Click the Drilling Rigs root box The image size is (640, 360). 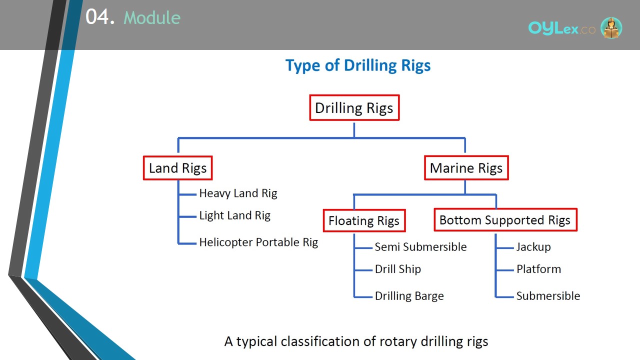click(x=354, y=107)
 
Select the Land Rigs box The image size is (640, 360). click(x=177, y=168)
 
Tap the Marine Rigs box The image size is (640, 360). click(x=466, y=167)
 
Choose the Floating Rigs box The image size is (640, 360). click(x=364, y=220)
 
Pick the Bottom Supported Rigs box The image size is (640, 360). click(x=505, y=219)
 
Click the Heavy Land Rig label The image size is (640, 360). click(x=238, y=193)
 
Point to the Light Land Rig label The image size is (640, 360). click(x=235, y=215)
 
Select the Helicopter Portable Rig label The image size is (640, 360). click(x=258, y=242)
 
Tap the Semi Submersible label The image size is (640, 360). click(x=420, y=247)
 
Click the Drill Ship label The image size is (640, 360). click(x=398, y=269)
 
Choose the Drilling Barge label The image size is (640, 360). click(x=409, y=296)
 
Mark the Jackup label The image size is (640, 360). click(x=533, y=247)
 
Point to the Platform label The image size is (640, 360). click(x=539, y=269)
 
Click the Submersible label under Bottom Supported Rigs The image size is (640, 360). click(x=548, y=296)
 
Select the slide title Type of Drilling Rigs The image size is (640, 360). click(x=358, y=65)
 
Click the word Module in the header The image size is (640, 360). click(x=152, y=17)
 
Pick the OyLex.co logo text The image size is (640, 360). click(x=562, y=28)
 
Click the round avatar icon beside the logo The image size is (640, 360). click(x=611, y=27)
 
